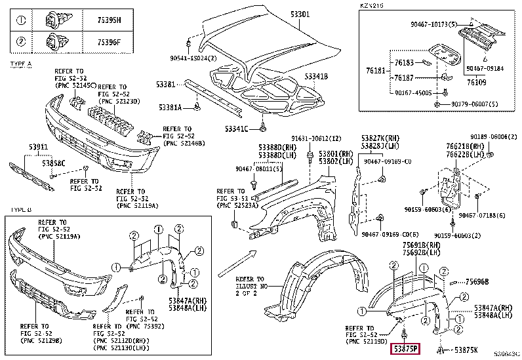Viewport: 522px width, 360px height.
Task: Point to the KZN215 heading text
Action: click(x=371, y=5)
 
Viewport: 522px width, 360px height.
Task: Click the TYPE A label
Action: click(x=21, y=63)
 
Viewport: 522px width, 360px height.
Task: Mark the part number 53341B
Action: click(x=314, y=76)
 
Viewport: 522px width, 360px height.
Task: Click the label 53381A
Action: click(x=172, y=106)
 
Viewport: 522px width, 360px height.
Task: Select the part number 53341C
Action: click(x=237, y=128)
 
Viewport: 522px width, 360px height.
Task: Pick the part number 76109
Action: click(x=477, y=82)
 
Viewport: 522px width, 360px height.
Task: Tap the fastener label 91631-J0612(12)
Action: click(x=317, y=138)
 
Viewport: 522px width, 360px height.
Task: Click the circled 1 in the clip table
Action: click(x=21, y=20)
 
